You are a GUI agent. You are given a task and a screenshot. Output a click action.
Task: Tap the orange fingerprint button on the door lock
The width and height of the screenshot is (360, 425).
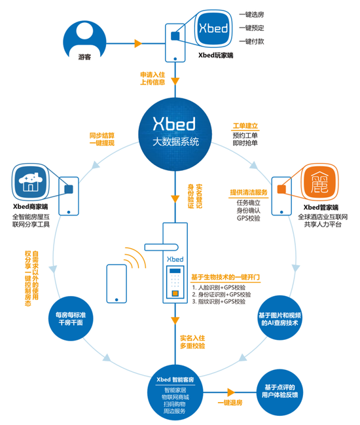point(175,293)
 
